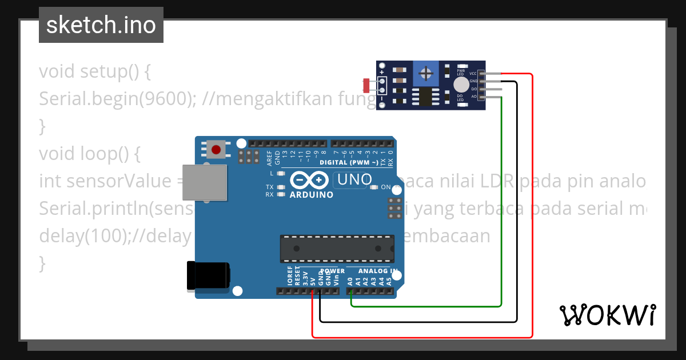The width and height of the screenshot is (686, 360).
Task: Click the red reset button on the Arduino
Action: pos(216,150)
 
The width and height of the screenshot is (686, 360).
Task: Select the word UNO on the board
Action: pos(355,179)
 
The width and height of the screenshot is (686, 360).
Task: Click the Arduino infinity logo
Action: pos(309,181)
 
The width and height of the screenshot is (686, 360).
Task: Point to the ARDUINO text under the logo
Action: pos(312,194)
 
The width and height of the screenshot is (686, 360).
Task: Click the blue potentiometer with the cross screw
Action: pos(425,73)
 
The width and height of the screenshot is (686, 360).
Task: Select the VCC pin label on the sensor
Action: pos(473,74)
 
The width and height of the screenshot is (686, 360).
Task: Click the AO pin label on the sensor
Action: pos(473,97)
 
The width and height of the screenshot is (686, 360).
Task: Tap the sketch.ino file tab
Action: pos(101,25)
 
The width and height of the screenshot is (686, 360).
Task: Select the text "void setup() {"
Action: pos(94,72)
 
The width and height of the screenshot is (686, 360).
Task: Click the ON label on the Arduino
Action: pos(385,187)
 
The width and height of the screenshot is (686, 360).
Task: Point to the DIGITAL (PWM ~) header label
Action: pos(349,162)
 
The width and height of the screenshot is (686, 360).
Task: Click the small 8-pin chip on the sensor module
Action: pos(425,97)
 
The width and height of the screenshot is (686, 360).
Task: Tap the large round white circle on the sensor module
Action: pos(460,85)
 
